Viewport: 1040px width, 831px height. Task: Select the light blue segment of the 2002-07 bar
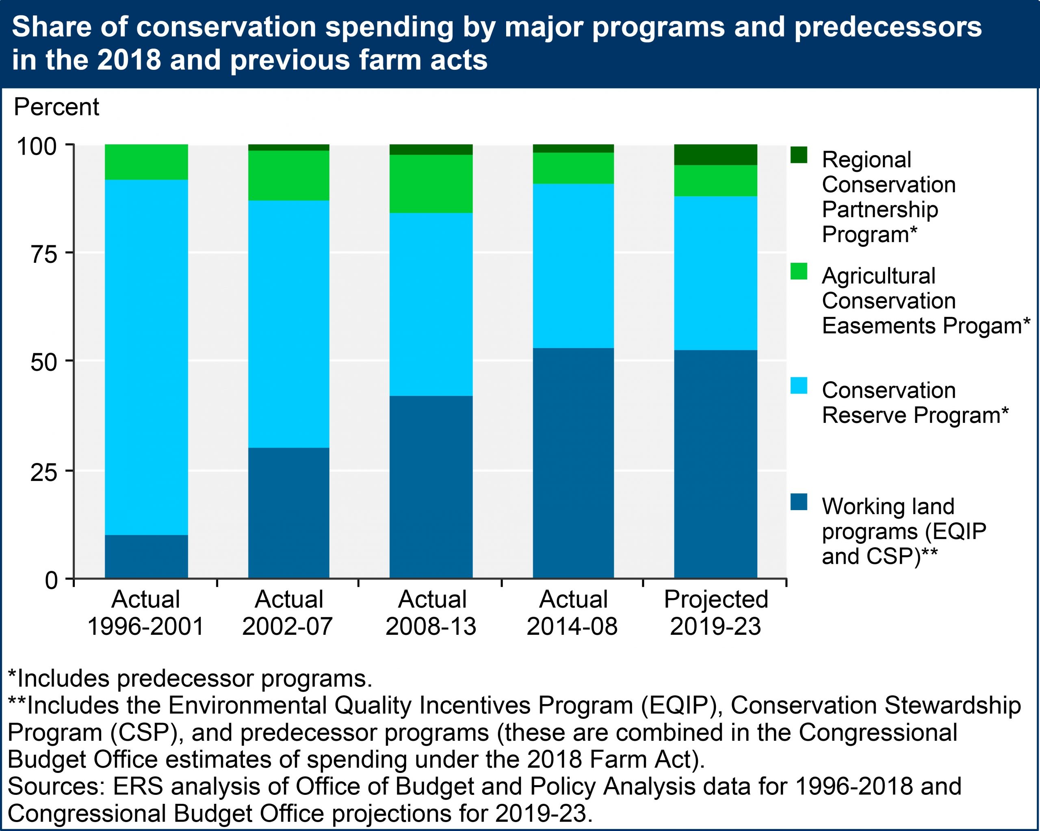[288, 324]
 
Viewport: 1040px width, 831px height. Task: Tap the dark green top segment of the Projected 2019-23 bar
[715, 155]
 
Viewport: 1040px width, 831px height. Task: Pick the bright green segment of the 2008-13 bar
[431, 184]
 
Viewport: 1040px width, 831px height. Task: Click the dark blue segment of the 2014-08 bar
[573, 463]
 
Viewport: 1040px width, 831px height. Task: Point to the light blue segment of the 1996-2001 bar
[146, 357]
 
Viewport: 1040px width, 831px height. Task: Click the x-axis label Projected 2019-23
[715, 612]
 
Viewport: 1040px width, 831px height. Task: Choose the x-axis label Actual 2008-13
[431, 612]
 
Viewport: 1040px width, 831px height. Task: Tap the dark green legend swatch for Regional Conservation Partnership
[799, 155]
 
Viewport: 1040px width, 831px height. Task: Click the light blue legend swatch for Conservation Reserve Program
[799, 385]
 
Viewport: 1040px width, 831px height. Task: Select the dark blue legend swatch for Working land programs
[799, 502]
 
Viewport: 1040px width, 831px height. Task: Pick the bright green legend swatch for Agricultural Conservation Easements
[799, 271]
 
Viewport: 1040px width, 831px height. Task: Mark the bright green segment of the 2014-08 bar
[573, 168]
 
